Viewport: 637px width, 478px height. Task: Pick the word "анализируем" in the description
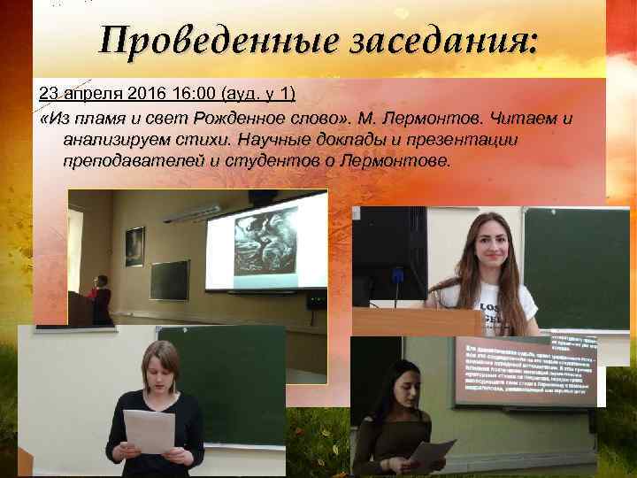111,140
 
